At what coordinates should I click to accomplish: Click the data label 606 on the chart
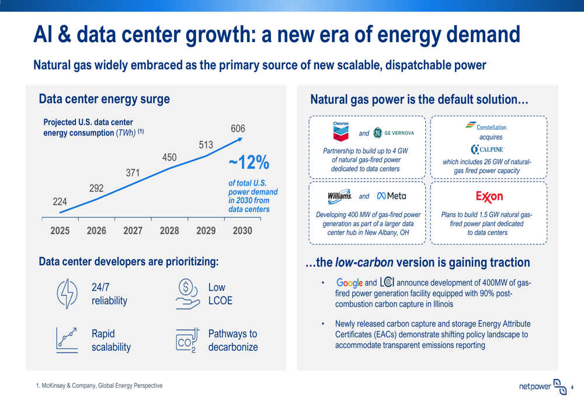click(238, 129)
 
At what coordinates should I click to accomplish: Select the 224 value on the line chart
click(60, 201)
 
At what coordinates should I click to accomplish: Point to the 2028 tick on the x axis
click(169, 231)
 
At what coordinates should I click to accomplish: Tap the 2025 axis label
click(60, 231)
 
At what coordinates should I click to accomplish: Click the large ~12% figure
click(248, 162)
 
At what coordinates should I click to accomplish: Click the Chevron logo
click(340, 131)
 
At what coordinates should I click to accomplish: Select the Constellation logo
click(486, 126)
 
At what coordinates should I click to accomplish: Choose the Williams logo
click(339, 196)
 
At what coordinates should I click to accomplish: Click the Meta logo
click(391, 196)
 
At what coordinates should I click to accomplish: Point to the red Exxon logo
click(489, 196)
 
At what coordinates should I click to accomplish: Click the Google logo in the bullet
click(349, 283)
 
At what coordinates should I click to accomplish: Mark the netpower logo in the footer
click(543, 386)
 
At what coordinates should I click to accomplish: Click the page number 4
click(572, 387)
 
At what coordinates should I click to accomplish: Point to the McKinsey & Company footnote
click(99, 386)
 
